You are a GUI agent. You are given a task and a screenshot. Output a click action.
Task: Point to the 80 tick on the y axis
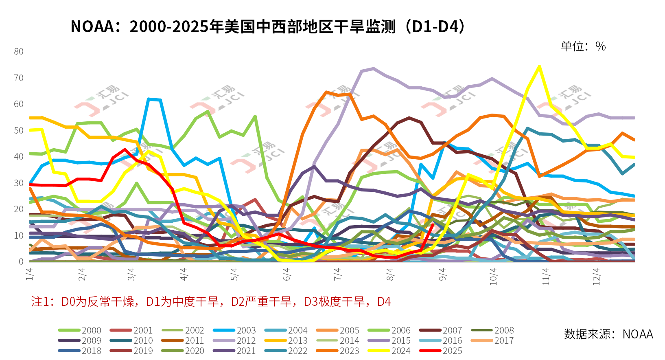[x=19, y=51]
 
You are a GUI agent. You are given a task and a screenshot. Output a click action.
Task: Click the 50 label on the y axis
[x=19, y=130]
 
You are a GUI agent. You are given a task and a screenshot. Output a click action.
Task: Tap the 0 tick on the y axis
[x=21, y=261]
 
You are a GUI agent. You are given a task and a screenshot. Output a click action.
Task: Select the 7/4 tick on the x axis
[x=337, y=274]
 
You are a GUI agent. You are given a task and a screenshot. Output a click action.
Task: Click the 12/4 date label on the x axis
[x=596, y=276]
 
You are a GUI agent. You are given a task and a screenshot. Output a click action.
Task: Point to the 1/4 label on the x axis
[x=30, y=274]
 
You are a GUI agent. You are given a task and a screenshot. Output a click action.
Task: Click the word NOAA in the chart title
[x=92, y=27]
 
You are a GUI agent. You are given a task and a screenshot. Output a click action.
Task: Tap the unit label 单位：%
[x=583, y=46]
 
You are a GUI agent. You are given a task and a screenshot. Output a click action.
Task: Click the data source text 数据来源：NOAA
[x=608, y=334]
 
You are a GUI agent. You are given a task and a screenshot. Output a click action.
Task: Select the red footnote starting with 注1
[x=211, y=302]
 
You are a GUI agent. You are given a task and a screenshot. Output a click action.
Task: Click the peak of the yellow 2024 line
[x=539, y=66]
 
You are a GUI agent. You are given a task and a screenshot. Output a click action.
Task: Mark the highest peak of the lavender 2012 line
[x=373, y=68]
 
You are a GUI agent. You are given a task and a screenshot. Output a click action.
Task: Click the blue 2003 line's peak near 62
[x=149, y=99]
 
